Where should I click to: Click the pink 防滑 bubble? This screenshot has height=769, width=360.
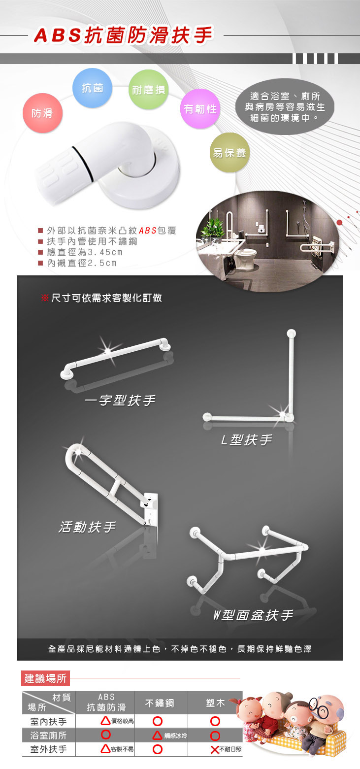click(42, 113)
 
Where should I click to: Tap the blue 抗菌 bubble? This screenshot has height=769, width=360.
click(92, 88)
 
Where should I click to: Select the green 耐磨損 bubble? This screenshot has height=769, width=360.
click(148, 90)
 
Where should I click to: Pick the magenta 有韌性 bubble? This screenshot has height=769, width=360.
click(200, 109)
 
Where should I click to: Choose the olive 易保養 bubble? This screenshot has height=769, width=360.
click(229, 152)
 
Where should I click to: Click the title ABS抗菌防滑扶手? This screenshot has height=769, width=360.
click(124, 35)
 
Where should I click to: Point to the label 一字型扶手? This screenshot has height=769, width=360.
click(120, 401)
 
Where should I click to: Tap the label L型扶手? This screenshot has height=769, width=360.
click(247, 440)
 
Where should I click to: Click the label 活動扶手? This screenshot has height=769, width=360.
click(88, 527)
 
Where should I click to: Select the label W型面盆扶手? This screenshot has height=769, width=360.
click(253, 615)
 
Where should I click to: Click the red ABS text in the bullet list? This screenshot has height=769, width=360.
click(148, 231)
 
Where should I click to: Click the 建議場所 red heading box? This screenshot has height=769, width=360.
click(45, 678)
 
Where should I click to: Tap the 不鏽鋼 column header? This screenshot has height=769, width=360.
click(160, 703)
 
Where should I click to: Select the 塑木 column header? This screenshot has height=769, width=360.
click(215, 703)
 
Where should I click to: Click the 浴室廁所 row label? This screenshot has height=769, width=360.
click(48, 736)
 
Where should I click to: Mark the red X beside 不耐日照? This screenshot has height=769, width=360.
click(215, 749)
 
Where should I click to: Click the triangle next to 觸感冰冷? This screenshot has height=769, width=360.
click(157, 736)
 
